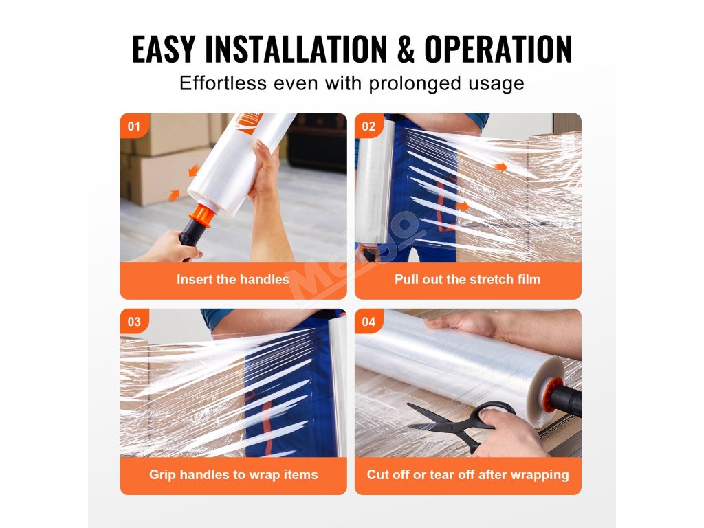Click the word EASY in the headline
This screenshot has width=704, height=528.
(164, 49)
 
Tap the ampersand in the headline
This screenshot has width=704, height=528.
(406, 49)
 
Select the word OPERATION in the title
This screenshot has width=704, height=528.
(498, 49)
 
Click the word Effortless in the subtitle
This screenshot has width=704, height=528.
(223, 83)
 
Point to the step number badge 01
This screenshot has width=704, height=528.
(134, 126)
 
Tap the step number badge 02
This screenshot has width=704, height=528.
(368, 126)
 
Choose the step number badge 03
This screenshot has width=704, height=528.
(134, 322)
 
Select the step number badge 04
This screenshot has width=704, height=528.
(368, 322)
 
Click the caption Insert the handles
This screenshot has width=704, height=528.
(233, 279)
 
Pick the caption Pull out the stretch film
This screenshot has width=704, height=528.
(467, 279)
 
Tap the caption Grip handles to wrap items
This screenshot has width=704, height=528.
(234, 474)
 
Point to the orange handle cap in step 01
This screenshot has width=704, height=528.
(201, 216)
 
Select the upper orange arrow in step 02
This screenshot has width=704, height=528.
(500, 168)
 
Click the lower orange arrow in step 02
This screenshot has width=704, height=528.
(463, 206)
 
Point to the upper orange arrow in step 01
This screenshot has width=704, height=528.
(195, 170)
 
